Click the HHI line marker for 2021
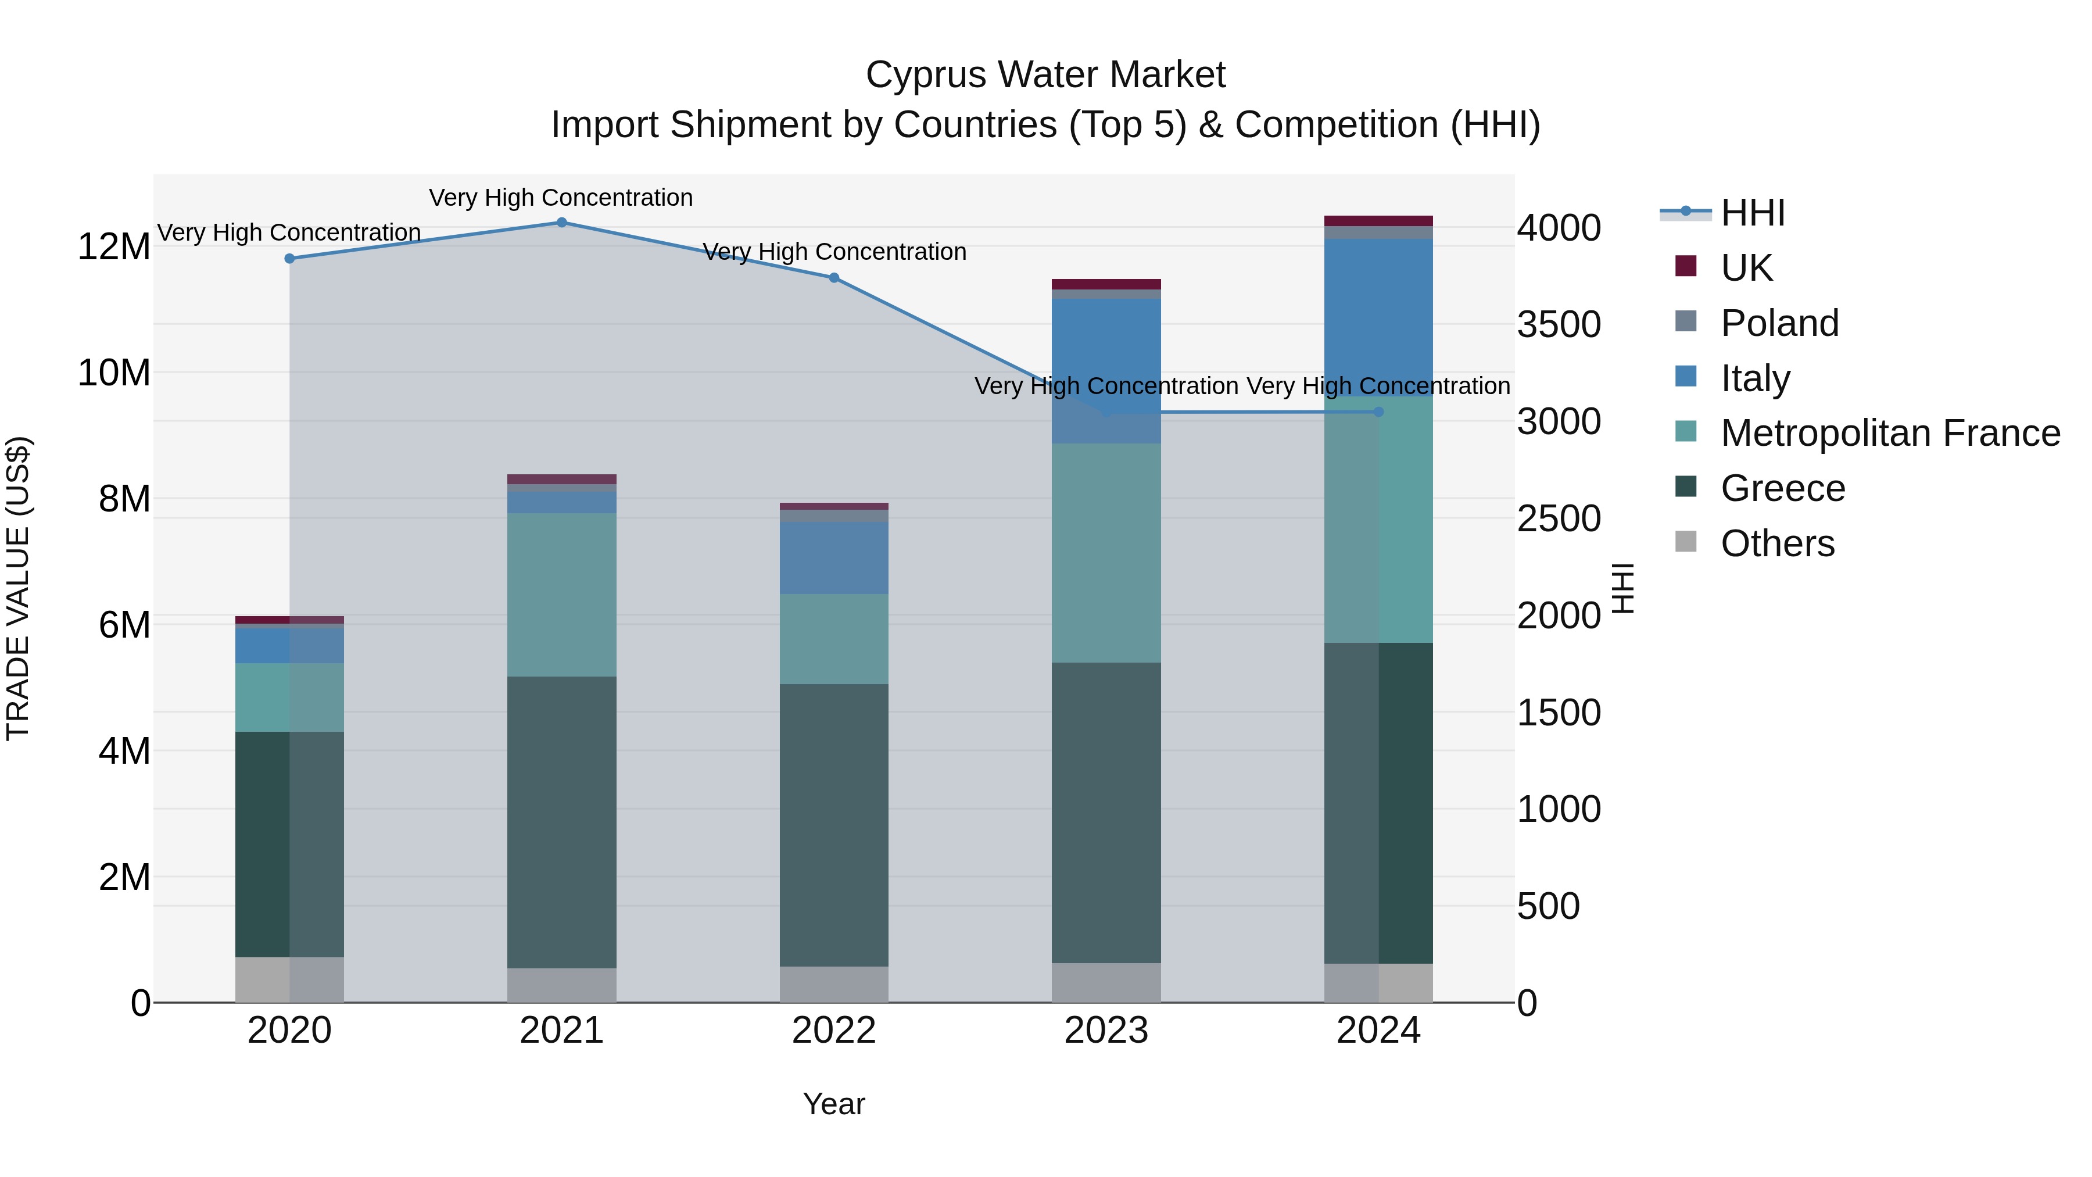click(561, 223)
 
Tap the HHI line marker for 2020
click(289, 258)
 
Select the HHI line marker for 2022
click(833, 278)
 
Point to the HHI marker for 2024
click(1378, 412)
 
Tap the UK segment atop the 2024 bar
click(1378, 221)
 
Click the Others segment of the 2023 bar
click(1106, 982)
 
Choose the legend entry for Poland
click(1779, 323)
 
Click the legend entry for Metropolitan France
click(1890, 433)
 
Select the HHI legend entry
click(1753, 213)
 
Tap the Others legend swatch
click(1686, 542)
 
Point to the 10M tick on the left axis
click(114, 373)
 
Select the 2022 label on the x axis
click(833, 1031)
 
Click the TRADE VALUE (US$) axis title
click(18, 588)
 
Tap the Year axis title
click(833, 1104)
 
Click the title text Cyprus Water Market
click(1045, 75)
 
